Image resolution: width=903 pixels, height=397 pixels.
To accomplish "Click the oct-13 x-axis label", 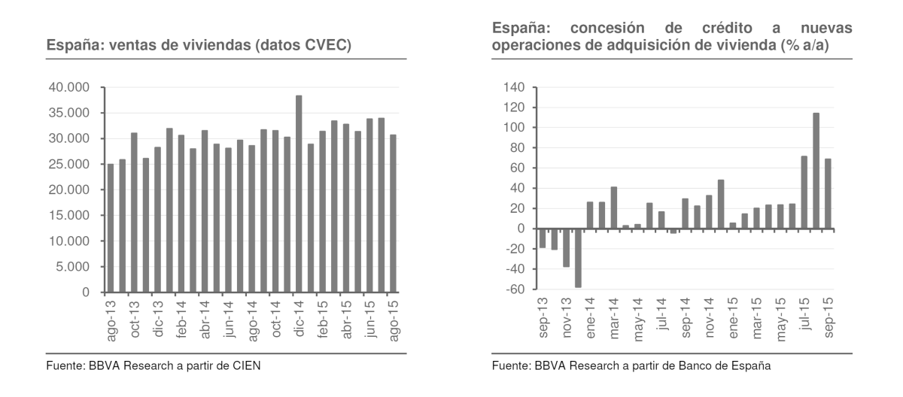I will pos(134,322).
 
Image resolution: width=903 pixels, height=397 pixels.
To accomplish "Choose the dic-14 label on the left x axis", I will pos(299,322).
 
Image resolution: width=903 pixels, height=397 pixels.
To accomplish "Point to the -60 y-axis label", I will pos(513,289).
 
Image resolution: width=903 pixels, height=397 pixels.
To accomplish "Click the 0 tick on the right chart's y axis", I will pos(519,229).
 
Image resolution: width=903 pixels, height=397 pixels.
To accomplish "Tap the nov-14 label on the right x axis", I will pos(710,319).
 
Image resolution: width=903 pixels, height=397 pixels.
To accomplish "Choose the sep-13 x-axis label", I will pos(543,319).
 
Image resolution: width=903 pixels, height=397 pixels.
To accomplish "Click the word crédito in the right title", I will pos(710,29).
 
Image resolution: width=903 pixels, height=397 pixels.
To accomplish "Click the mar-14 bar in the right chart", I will pos(614,208).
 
